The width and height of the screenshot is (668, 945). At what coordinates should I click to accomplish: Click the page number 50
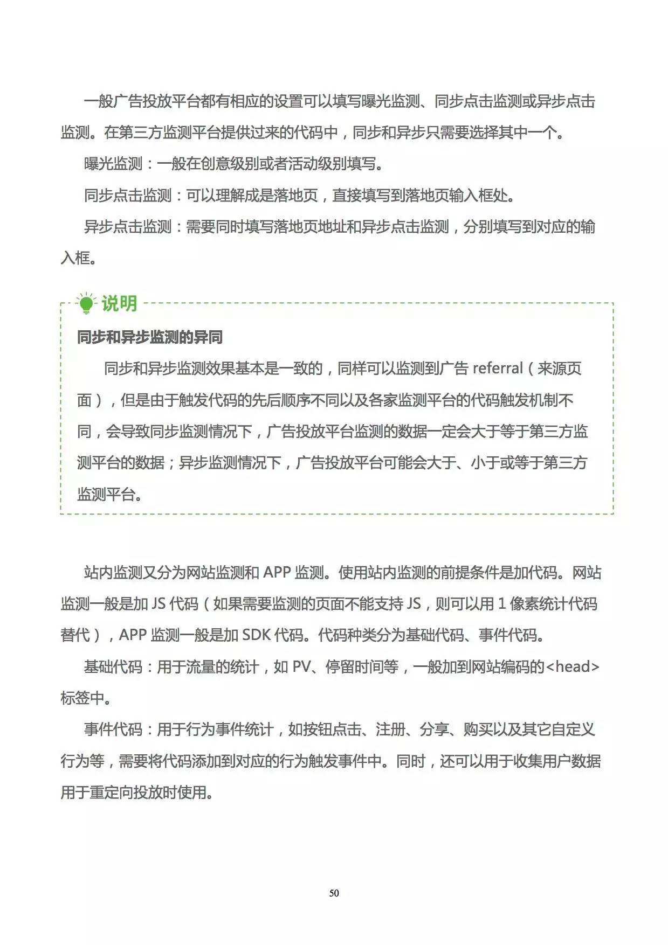(x=334, y=893)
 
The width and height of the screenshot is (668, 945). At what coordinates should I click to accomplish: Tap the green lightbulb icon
(x=86, y=303)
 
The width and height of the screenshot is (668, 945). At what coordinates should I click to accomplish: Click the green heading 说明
(x=119, y=303)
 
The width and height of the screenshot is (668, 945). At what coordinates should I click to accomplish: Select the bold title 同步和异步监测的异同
(x=149, y=338)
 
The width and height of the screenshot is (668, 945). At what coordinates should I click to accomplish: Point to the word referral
(x=498, y=369)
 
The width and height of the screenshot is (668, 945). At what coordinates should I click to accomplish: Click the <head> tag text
(x=572, y=667)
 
